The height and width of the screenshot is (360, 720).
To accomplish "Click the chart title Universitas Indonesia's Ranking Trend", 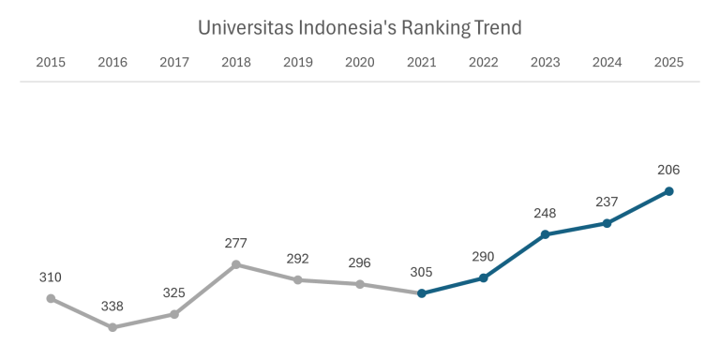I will tap(359, 27).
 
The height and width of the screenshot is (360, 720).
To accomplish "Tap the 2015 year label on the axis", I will tap(51, 63).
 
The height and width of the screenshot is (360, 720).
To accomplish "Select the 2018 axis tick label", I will tap(236, 63).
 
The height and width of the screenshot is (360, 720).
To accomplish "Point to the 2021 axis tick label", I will tap(422, 63).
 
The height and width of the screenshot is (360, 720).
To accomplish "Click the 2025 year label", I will tap(668, 63).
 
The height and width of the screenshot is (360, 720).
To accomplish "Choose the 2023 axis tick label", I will tap(545, 63).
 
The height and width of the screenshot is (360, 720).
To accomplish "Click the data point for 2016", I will tap(112, 327).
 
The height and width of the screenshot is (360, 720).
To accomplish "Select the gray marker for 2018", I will tap(236, 264).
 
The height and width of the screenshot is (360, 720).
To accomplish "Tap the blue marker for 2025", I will tap(668, 191).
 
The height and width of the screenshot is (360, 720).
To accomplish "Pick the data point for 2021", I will tap(422, 293).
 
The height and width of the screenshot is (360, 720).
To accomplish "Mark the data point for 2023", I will tap(545, 234).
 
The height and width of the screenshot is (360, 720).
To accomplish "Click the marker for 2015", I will tap(51, 298).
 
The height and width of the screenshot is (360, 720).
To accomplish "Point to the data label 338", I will tap(112, 306).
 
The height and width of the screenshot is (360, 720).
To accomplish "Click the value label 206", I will tap(668, 170).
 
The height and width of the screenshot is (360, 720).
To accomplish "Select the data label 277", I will tap(236, 243).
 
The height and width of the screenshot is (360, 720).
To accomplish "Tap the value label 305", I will tap(422, 272).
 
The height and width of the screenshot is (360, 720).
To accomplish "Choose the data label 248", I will tap(545, 213).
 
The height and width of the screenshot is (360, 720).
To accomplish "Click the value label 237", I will tap(607, 202).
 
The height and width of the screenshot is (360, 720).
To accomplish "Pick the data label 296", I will tap(360, 262).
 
